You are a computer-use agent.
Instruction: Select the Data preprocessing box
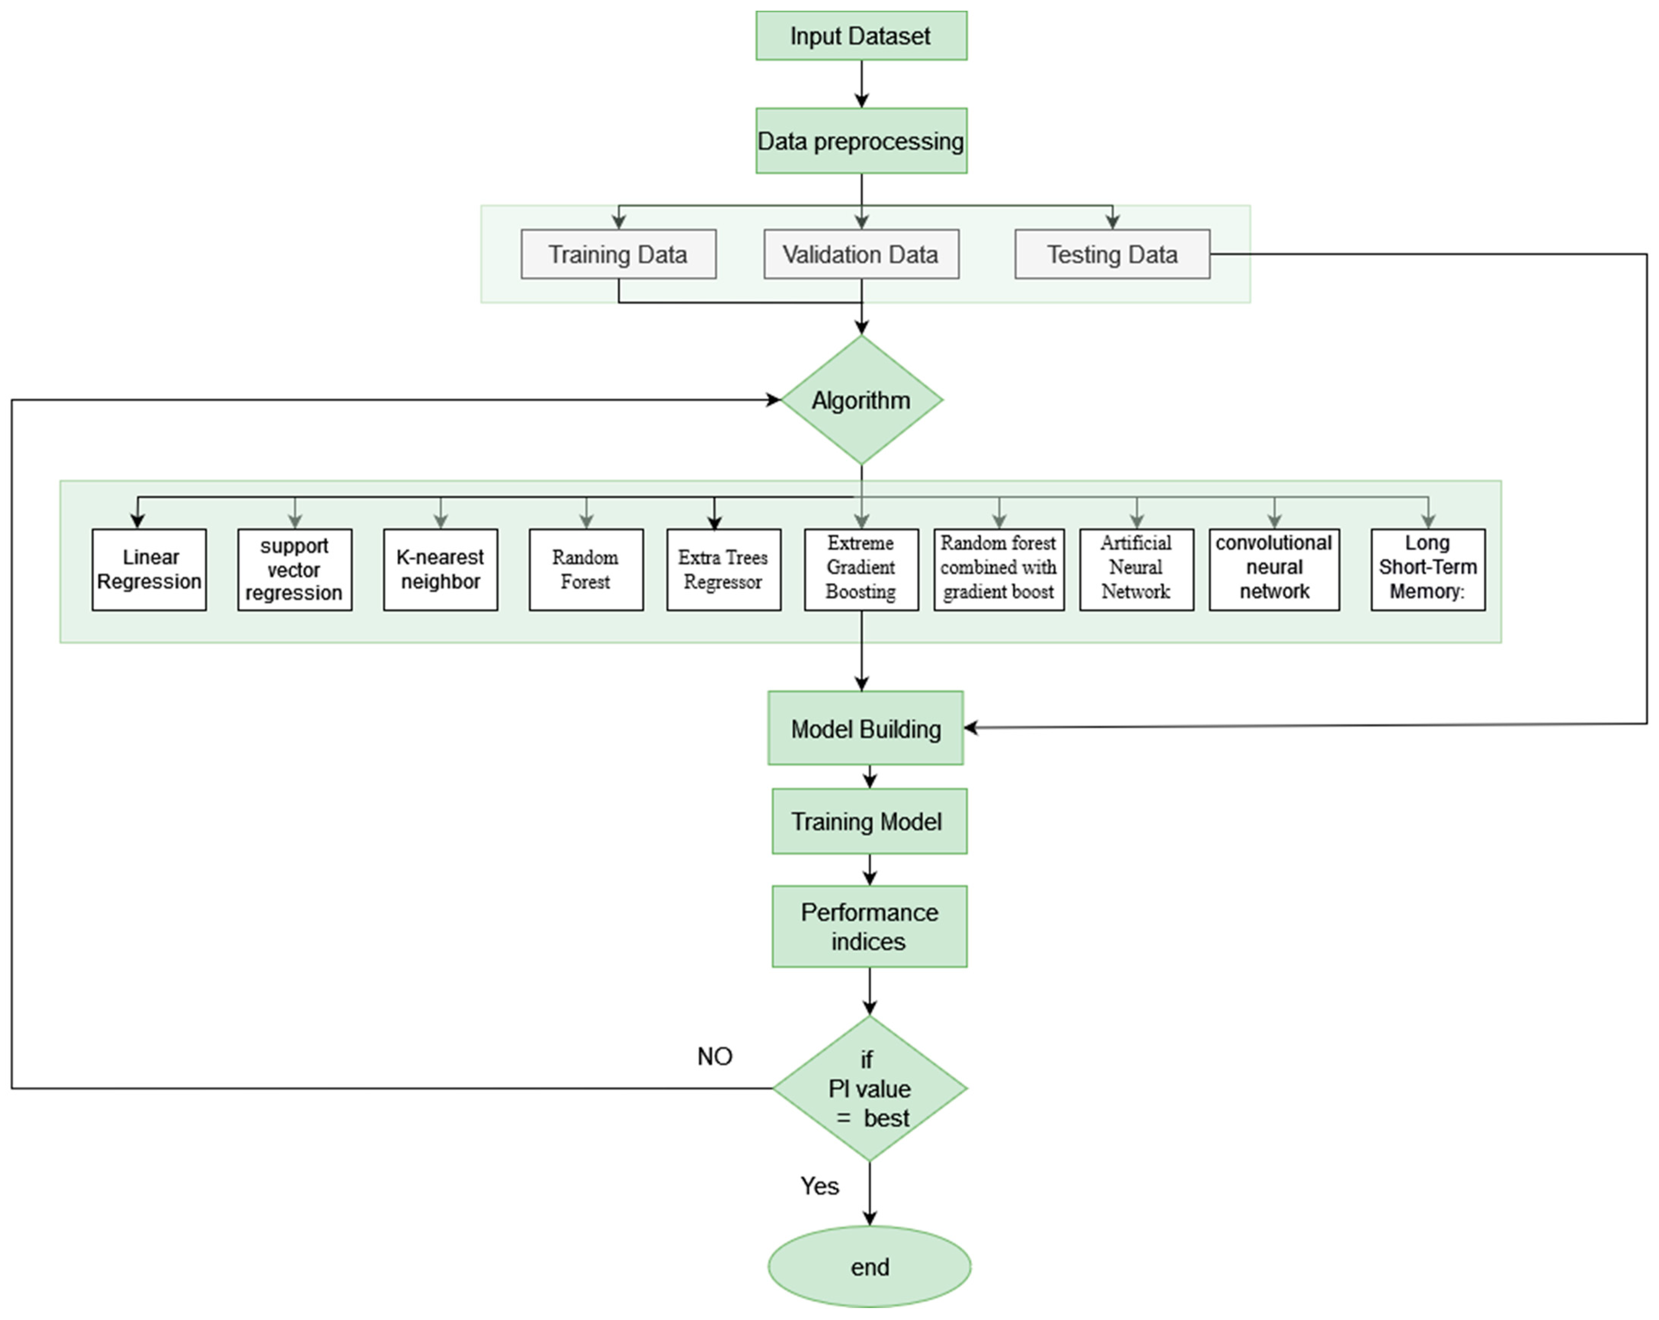coord(861,141)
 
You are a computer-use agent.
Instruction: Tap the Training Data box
coord(618,254)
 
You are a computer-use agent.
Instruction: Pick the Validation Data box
coord(861,254)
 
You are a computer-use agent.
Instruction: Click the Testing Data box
coord(1112,254)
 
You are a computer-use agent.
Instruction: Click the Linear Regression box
coord(149,570)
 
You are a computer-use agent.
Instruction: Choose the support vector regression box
coord(295,570)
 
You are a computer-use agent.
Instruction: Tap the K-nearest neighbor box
coord(440,570)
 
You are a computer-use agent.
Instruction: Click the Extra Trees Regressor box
coord(723,570)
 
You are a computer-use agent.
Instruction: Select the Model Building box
coord(865,728)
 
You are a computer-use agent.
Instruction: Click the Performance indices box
coord(870,927)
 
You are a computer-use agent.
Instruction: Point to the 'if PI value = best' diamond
coord(870,1088)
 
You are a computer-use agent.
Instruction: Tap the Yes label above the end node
coord(819,1186)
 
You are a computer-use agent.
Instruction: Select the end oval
coord(870,1267)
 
